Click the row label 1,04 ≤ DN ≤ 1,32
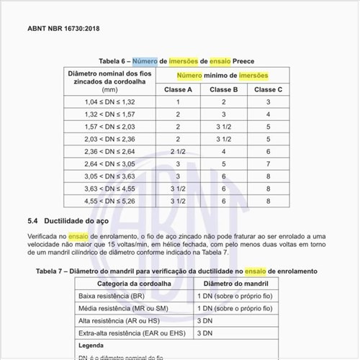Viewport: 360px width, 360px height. pyautogui.click(x=109, y=102)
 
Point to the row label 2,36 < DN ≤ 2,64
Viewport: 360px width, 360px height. pyautogui.click(x=109, y=152)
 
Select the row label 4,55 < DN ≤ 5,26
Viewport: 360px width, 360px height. pyautogui.click(x=109, y=202)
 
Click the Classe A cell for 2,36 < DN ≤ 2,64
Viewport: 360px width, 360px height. pyautogui.click(x=178, y=152)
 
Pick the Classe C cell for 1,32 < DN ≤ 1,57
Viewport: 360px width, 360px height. pyautogui.click(x=269, y=114)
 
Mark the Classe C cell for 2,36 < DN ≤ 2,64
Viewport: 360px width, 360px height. pyautogui.click(x=269, y=152)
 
